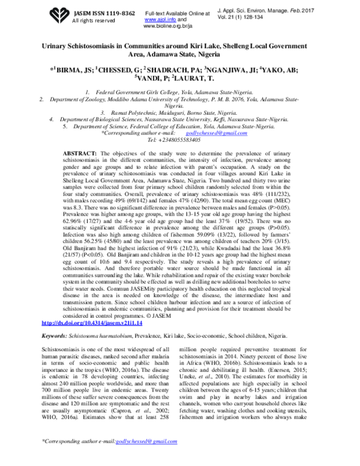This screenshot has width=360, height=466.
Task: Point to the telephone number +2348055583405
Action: pos(182,139)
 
